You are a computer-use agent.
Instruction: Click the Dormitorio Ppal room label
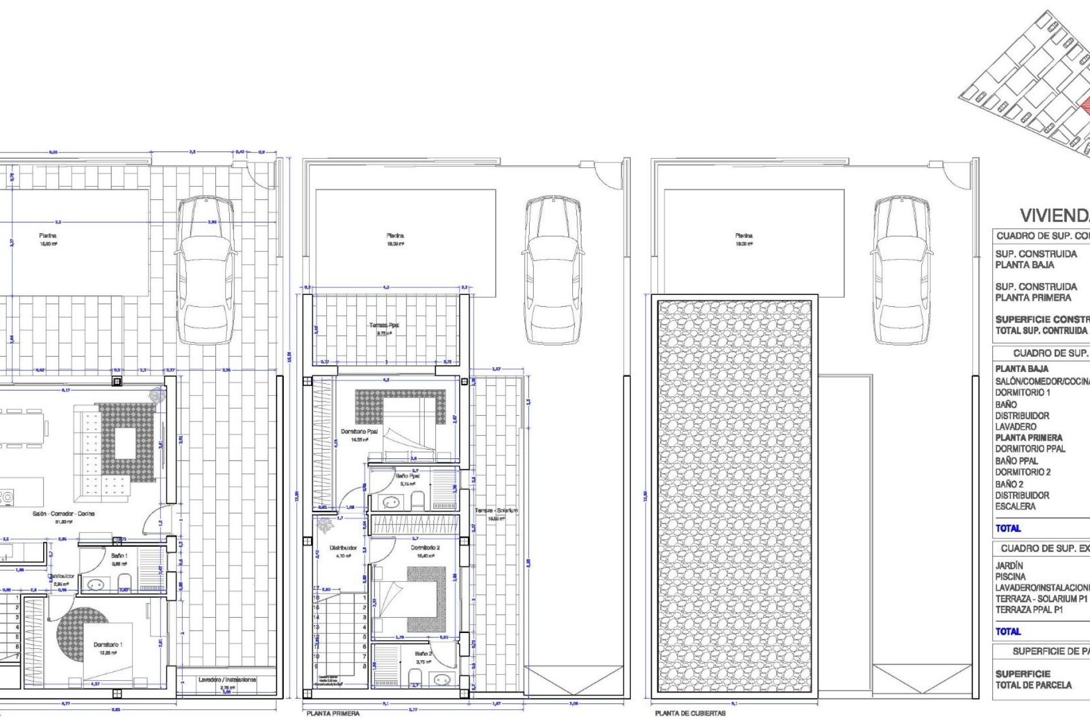(359, 432)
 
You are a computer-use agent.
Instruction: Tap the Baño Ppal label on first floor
(408, 476)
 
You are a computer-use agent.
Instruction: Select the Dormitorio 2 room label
(425, 548)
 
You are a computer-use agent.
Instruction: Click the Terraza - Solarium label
(496, 511)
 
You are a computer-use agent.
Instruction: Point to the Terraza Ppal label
(384, 326)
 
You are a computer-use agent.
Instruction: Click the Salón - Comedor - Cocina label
(64, 514)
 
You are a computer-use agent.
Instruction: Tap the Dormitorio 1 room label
(108, 645)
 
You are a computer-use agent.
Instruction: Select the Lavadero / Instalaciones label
(227, 679)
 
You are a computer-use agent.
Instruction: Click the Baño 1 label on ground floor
(119, 556)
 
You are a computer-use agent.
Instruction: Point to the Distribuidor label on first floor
(343, 548)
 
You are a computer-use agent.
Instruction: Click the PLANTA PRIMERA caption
(333, 714)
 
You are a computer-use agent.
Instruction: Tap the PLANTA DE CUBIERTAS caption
(690, 714)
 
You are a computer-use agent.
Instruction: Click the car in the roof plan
(901, 269)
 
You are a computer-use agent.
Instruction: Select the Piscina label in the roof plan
(744, 235)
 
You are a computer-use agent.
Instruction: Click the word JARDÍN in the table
(1009, 565)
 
